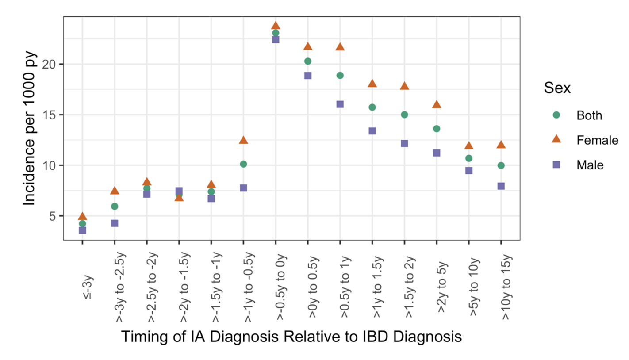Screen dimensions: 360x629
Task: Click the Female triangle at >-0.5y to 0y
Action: click(x=276, y=26)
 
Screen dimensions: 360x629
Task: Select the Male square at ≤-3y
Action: click(x=82, y=230)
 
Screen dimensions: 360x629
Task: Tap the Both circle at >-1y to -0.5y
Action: click(x=243, y=164)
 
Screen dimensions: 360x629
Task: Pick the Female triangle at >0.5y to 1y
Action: click(x=340, y=46)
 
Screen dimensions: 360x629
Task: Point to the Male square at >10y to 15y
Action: click(x=501, y=186)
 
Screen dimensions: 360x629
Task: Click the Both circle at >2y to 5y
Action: click(x=437, y=129)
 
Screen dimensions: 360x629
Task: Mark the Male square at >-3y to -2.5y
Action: click(x=115, y=223)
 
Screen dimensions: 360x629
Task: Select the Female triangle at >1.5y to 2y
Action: click(x=404, y=86)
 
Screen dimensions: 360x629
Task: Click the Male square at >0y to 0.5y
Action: click(x=308, y=75)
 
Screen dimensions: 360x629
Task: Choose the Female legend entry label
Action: click(x=597, y=140)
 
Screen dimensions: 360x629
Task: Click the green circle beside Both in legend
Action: click(x=556, y=115)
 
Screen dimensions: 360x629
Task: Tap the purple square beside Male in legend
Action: click(x=556, y=165)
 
